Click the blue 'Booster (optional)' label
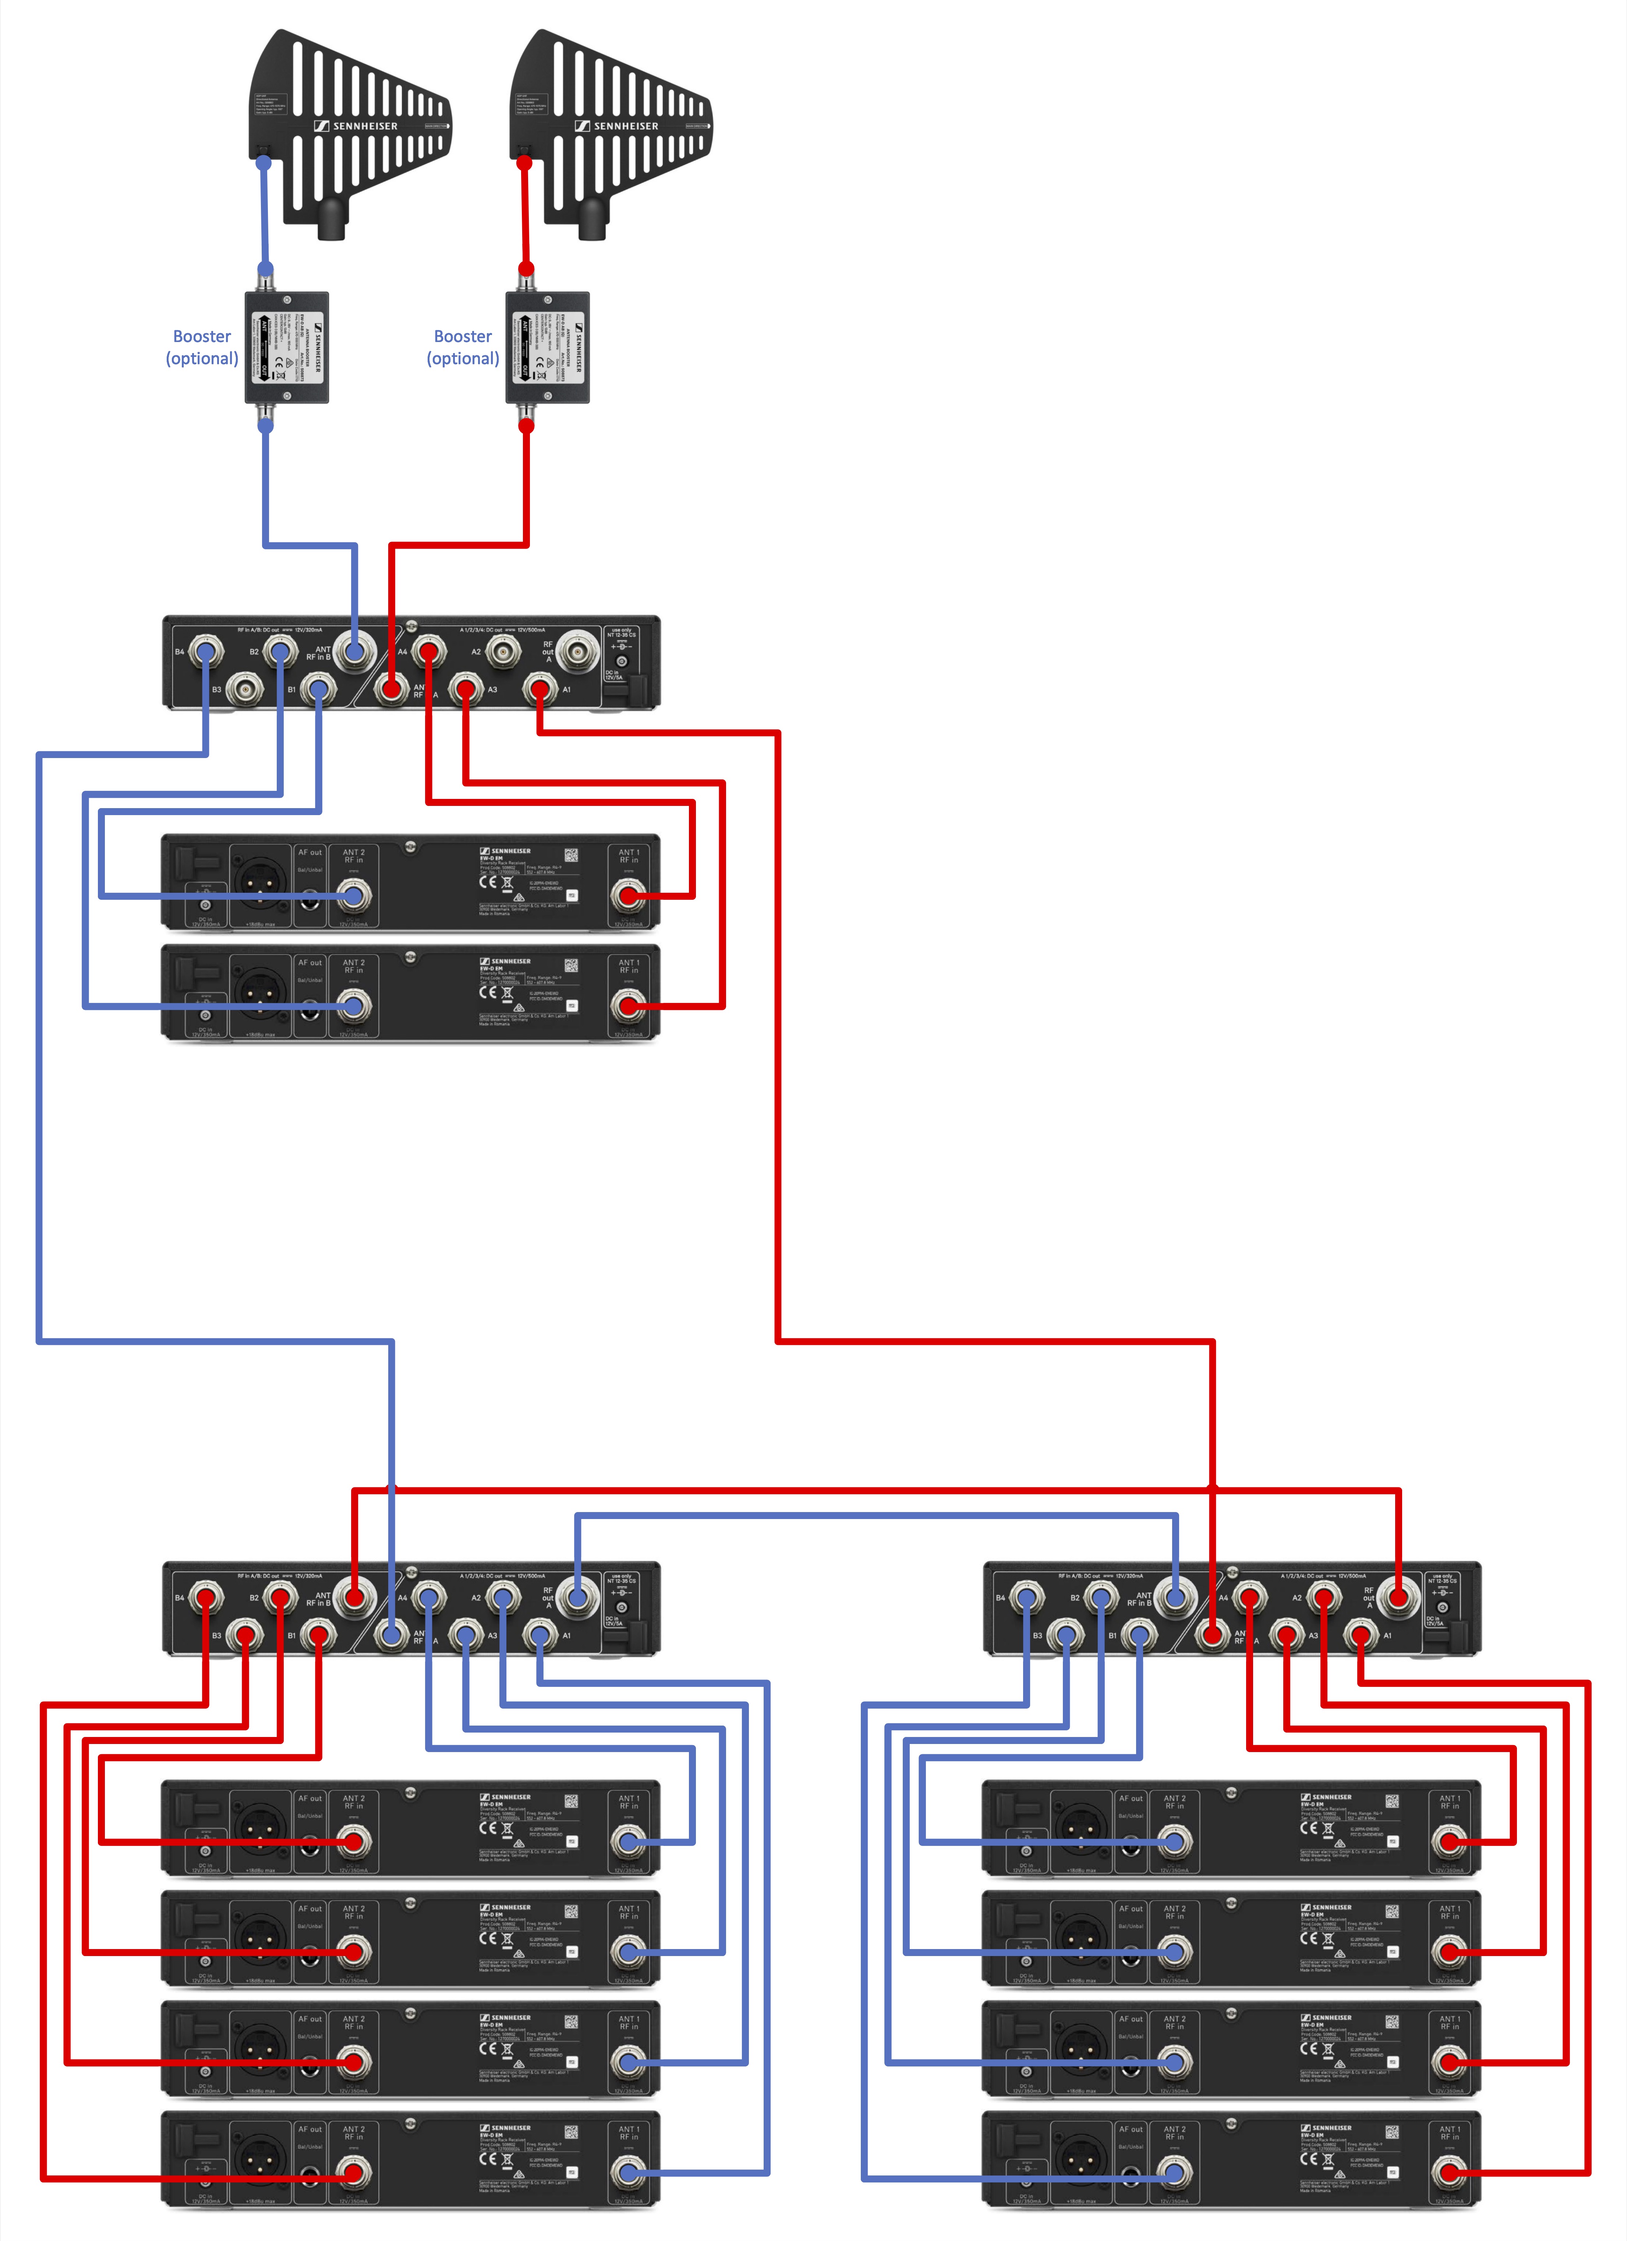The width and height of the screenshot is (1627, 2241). (202, 347)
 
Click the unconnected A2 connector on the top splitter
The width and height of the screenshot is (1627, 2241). (503, 651)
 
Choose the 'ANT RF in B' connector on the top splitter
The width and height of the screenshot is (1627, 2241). (355, 651)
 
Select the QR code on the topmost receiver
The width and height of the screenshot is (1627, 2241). (571, 855)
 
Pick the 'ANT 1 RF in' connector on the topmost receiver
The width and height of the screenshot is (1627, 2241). (627, 896)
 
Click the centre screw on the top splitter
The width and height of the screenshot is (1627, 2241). (411, 624)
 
